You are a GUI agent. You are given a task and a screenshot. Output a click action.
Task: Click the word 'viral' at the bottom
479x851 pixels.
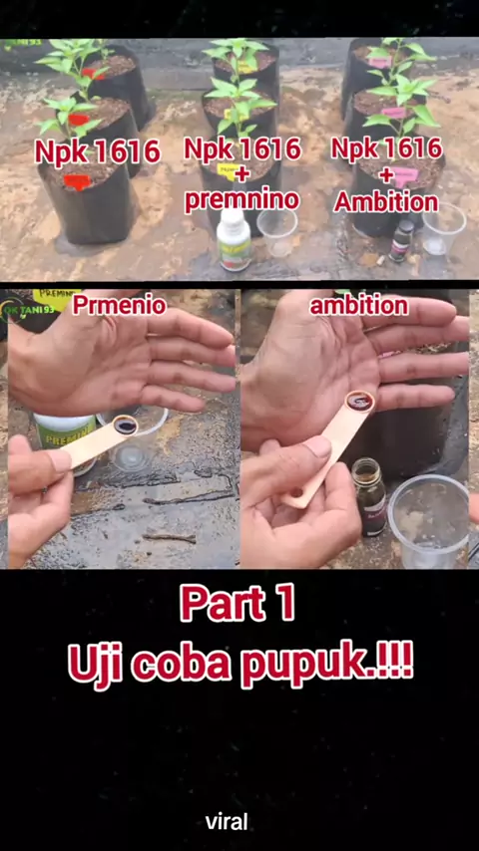tap(227, 821)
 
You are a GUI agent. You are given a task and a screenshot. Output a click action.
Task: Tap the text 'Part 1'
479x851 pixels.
tap(238, 604)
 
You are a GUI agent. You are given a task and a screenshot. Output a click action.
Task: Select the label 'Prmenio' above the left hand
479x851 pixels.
tap(119, 305)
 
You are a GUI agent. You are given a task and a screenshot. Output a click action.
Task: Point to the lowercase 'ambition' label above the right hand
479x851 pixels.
tap(359, 306)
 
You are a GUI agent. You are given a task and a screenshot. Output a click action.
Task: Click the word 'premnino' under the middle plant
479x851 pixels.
tap(241, 199)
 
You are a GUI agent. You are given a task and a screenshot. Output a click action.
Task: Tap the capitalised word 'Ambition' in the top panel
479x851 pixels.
tap(386, 202)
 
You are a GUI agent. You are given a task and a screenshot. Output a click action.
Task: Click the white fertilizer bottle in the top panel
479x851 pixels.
tap(234, 239)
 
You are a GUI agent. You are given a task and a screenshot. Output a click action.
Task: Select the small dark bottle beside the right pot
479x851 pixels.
tap(401, 240)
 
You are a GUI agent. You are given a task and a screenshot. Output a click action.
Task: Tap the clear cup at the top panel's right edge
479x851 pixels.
tap(444, 228)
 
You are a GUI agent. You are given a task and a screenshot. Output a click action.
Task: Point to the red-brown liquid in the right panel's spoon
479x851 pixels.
tap(360, 402)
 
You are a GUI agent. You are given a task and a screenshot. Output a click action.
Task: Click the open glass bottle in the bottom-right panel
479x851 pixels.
tap(369, 496)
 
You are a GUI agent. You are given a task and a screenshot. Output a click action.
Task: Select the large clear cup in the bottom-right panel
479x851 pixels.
tap(428, 520)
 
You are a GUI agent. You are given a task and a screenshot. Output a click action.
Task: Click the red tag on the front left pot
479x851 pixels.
tap(78, 181)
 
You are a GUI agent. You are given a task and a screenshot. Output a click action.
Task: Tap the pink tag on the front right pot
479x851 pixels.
tap(403, 176)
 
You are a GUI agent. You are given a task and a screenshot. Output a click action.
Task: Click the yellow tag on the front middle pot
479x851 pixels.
tap(228, 171)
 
